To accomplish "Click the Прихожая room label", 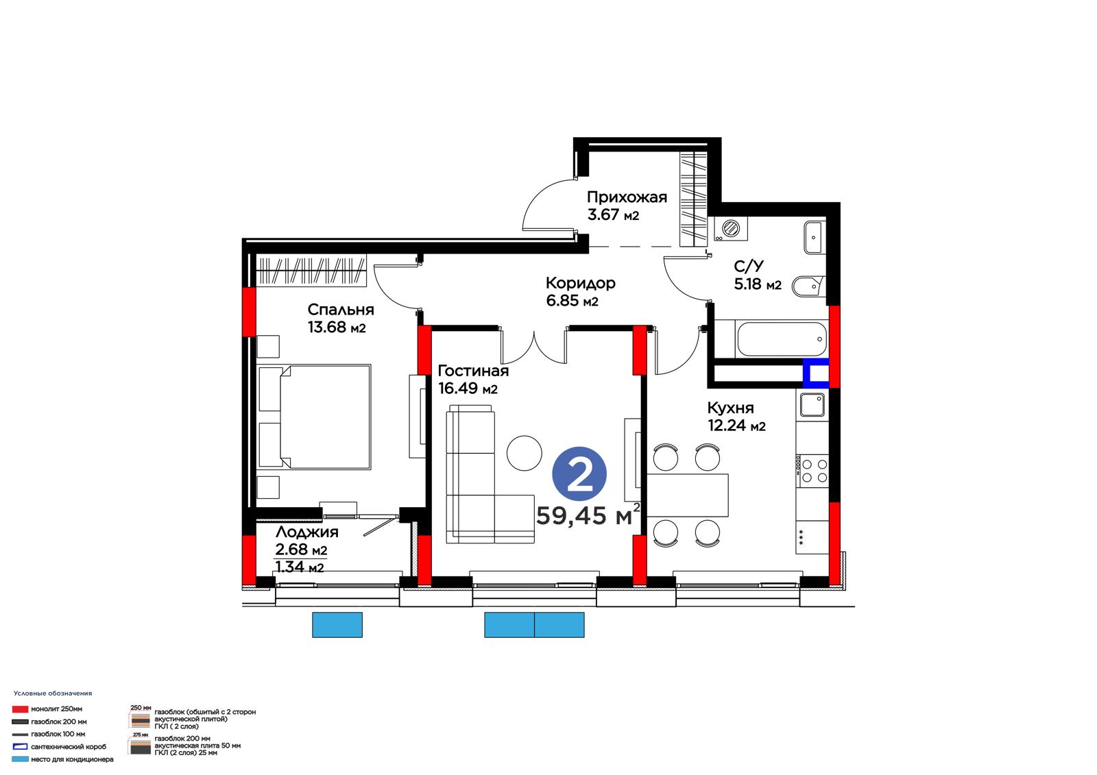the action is [x=627, y=197].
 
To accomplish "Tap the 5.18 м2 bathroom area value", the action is [x=757, y=284].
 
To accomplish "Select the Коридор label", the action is [x=580, y=283].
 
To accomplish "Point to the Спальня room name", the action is [x=340, y=310].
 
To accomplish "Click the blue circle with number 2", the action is [x=579, y=473].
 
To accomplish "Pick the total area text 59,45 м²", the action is [x=588, y=515].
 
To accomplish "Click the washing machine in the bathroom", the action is [x=731, y=229].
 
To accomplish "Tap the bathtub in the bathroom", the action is [x=782, y=339].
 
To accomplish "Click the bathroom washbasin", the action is [x=813, y=238].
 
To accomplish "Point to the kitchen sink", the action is [x=812, y=405].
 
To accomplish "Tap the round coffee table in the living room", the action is [x=524, y=454].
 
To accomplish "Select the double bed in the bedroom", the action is [x=314, y=417].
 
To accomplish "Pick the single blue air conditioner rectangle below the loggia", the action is [x=337, y=625].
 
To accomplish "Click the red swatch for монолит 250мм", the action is [x=20, y=709].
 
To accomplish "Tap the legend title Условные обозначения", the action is [x=53, y=693].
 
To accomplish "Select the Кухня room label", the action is [x=730, y=408].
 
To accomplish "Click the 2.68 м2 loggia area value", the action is [x=301, y=550].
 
